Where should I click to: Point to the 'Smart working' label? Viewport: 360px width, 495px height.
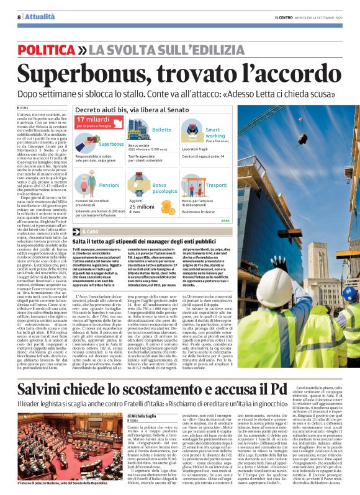point(215,133)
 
